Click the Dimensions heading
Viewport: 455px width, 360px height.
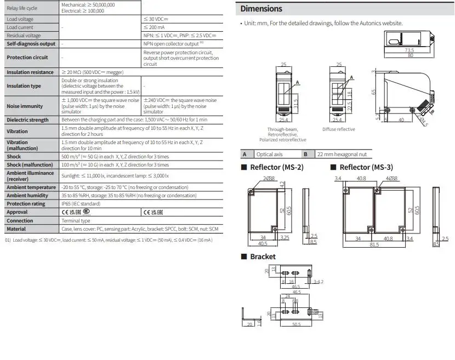[x=261, y=9]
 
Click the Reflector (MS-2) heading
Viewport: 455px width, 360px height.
[x=276, y=167]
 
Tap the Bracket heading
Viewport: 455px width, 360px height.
[x=263, y=256]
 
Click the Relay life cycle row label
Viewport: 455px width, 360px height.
[x=22, y=8]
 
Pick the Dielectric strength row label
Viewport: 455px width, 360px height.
[x=27, y=119]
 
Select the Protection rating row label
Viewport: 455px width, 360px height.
[x=26, y=203]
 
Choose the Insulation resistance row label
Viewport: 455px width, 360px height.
[x=30, y=72]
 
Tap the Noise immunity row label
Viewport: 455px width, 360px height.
[x=24, y=106]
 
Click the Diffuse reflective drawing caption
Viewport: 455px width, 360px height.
[x=338, y=129]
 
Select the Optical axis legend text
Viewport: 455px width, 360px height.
[x=269, y=155]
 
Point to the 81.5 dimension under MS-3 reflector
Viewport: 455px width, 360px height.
[x=374, y=244]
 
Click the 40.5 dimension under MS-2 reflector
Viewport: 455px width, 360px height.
[x=264, y=244]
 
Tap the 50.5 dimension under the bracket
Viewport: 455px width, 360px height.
[x=297, y=325]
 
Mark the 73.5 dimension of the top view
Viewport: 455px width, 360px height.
[x=409, y=50]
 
